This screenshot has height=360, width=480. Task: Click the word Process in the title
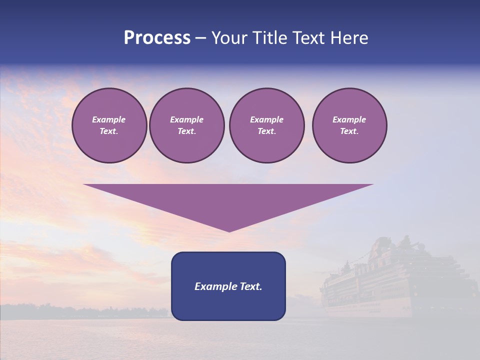(157, 38)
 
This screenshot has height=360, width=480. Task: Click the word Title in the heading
(270, 38)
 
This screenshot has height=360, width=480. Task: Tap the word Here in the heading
(349, 38)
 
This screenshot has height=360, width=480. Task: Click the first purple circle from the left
(109, 125)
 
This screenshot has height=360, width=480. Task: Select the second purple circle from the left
(186, 125)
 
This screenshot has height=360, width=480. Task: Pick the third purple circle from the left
(266, 125)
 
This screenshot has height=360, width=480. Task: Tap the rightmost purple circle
(349, 125)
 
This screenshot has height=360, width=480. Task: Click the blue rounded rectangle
(228, 286)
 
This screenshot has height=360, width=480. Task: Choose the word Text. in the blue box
(250, 286)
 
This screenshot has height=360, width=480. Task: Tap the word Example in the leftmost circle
(109, 119)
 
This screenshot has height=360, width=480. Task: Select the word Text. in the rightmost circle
(349, 131)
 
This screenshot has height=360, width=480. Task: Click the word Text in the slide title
(309, 38)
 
